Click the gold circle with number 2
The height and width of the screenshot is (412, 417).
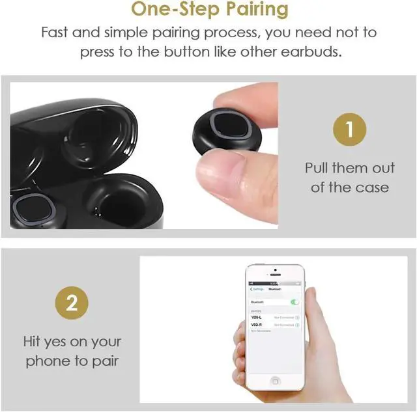point(72,304)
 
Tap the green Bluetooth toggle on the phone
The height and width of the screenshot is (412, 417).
point(295,302)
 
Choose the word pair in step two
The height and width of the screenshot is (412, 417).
point(106,361)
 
